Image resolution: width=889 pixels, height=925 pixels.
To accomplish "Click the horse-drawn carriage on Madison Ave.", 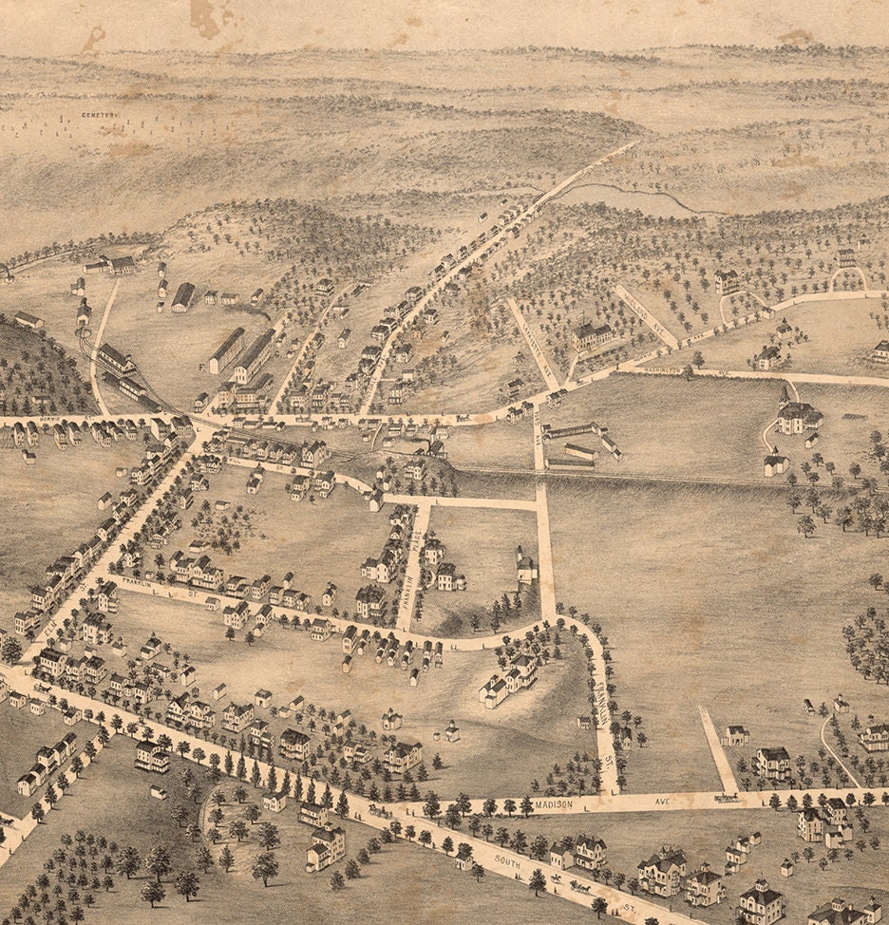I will (728, 798).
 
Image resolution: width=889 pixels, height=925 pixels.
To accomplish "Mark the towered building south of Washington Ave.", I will (796, 414).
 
